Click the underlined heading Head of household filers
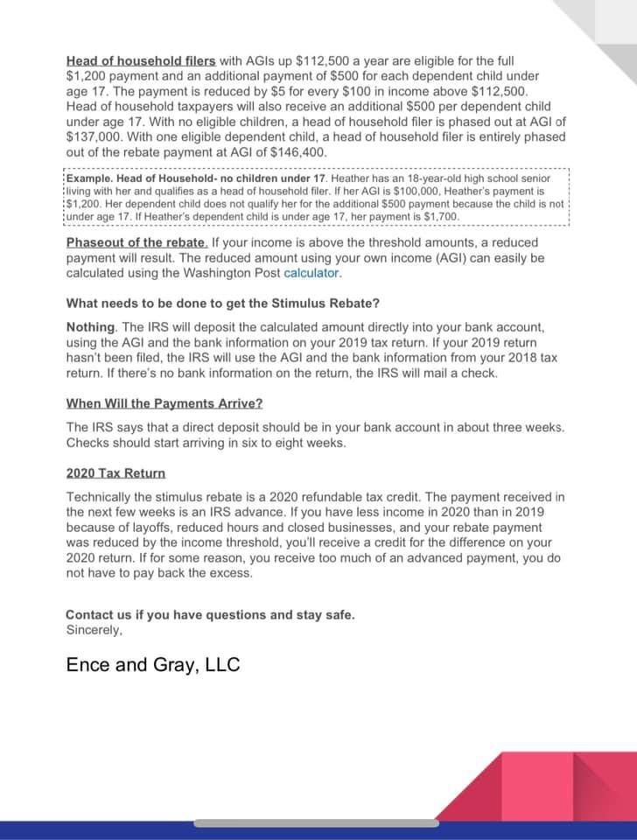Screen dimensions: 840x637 [x=140, y=61]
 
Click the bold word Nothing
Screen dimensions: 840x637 [x=90, y=326]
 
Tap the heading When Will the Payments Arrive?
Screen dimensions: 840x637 [x=164, y=403]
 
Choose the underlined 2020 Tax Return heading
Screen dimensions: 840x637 [x=115, y=473]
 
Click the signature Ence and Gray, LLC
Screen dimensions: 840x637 [x=153, y=665]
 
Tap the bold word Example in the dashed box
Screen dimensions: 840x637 [x=91, y=178]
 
